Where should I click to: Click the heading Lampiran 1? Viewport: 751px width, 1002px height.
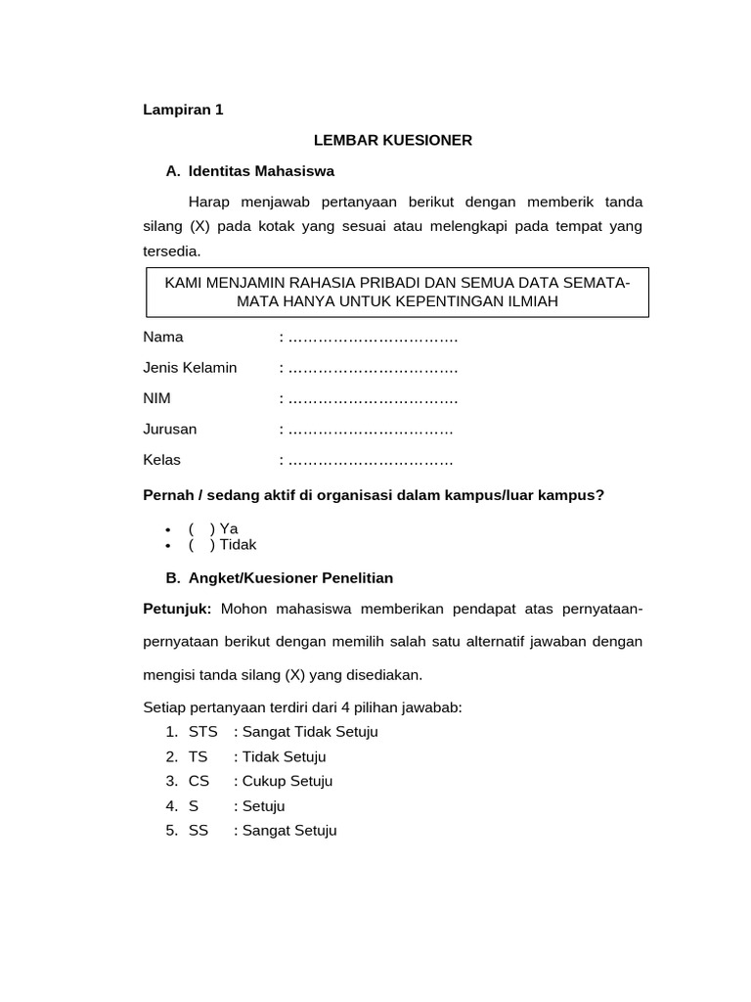pyautogui.click(x=183, y=110)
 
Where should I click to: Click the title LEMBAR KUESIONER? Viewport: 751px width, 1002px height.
pyautogui.click(x=393, y=140)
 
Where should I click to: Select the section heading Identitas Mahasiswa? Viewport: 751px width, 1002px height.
pyautogui.click(x=261, y=171)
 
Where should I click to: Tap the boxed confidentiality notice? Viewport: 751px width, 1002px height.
pyautogui.click(x=397, y=292)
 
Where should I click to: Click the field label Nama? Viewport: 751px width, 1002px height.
pyautogui.click(x=163, y=338)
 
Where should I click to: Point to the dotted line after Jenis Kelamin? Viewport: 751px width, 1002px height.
pyautogui.click(x=373, y=369)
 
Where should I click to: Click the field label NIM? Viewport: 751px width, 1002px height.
pyautogui.click(x=157, y=399)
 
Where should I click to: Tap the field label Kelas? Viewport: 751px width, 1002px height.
pyautogui.click(x=162, y=460)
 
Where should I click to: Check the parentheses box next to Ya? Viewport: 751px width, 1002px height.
pyautogui.click(x=201, y=528)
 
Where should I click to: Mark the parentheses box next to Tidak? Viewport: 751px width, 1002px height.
pyautogui.click(x=201, y=545)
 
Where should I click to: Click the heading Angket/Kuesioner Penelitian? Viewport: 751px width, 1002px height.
pyautogui.click(x=290, y=578)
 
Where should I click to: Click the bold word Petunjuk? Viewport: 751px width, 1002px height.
pyautogui.click(x=177, y=610)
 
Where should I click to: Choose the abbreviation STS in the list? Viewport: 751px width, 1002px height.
pyautogui.click(x=203, y=732)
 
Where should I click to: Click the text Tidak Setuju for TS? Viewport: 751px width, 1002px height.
pyautogui.click(x=284, y=756)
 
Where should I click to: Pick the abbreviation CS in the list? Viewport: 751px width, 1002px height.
pyautogui.click(x=199, y=781)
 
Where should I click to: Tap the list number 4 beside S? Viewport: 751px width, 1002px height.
pyautogui.click(x=171, y=806)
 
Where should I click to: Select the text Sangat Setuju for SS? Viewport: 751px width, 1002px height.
pyautogui.click(x=289, y=831)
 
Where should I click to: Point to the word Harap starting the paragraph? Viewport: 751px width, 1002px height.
pyautogui.click(x=208, y=202)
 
